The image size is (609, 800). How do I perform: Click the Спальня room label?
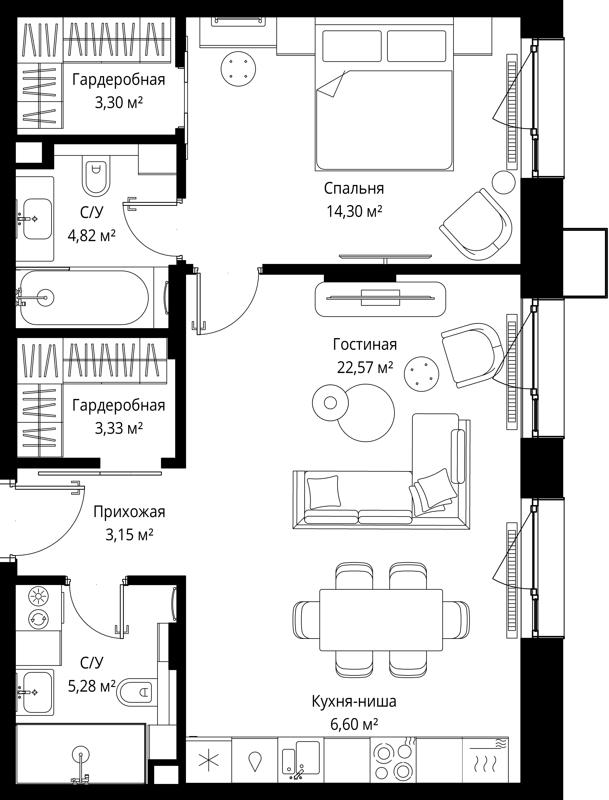click(354, 189)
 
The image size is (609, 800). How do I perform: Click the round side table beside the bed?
click(238, 69)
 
